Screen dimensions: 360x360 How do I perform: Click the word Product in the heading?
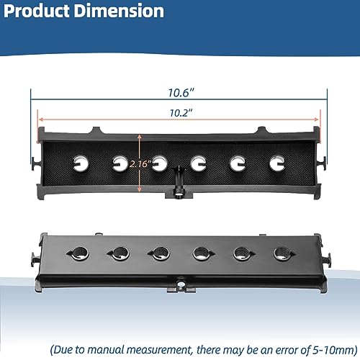coord(41,12)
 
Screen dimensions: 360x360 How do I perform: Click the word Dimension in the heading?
coord(122,12)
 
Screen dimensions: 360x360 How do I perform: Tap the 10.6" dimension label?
coord(179,93)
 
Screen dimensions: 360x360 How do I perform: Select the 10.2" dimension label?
coord(179,113)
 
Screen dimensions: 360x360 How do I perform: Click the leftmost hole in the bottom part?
coord(76,253)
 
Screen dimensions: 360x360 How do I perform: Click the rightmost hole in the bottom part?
coord(282,253)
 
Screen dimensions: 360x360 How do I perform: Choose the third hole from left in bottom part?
coord(158,253)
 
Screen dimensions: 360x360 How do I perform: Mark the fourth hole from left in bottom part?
coord(199,253)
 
